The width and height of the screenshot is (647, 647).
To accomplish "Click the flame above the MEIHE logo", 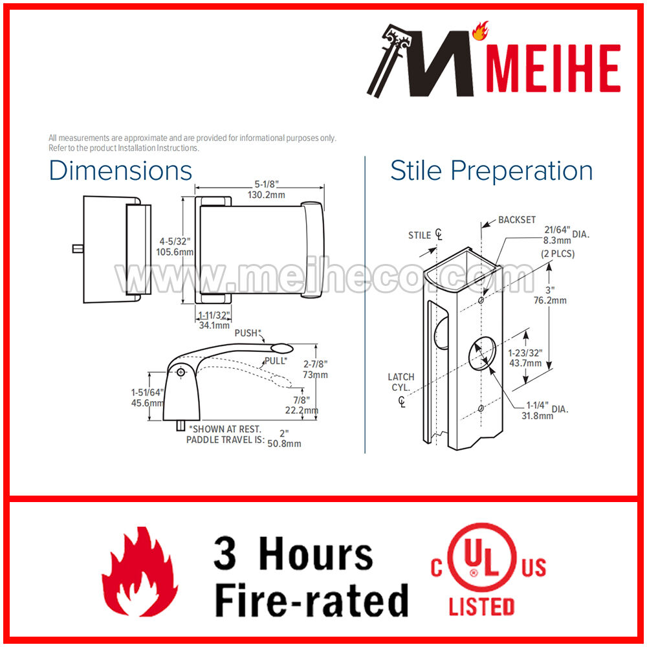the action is tap(480, 30).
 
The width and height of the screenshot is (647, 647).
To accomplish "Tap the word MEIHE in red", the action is tap(553, 68).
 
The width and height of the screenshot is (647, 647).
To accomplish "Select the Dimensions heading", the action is tap(120, 170).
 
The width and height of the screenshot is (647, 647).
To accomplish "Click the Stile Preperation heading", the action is tap(492, 171).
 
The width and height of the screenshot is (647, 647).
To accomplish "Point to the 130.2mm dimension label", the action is tap(266, 195).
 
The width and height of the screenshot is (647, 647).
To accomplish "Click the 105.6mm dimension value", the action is tap(175, 252).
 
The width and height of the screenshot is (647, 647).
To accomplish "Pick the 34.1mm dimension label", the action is tap(214, 325).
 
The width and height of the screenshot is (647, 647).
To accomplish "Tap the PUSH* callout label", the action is tap(248, 333).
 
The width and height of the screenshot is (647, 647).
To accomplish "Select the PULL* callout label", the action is tap(276, 360).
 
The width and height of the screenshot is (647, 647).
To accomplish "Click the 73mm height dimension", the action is tap(315, 375).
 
